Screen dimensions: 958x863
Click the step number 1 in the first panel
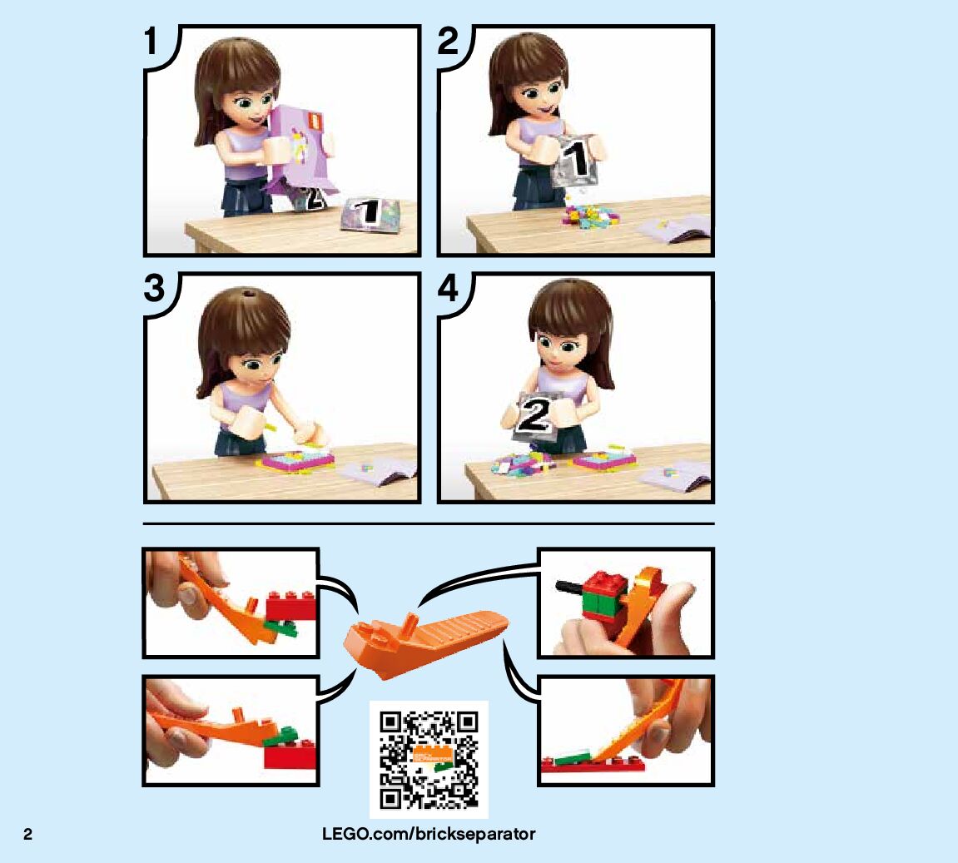[151, 41]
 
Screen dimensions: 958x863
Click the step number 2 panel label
[448, 41]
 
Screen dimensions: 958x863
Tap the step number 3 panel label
[154, 288]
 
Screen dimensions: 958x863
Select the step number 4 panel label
[448, 288]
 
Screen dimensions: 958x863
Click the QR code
[429, 759]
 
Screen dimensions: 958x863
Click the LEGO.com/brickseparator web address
[429, 834]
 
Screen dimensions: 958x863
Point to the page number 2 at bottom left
[27, 835]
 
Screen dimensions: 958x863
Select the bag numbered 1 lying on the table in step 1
[370, 215]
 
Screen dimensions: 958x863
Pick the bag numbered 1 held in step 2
[575, 160]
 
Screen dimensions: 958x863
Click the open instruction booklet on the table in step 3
[377, 471]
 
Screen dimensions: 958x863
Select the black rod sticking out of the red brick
[568, 588]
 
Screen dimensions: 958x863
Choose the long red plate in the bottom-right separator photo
[593, 766]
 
